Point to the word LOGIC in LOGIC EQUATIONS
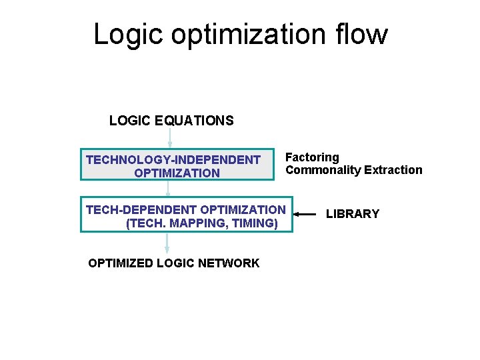click(x=130, y=121)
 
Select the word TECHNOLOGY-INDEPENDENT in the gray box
click(x=173, y=160)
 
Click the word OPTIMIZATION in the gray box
click(x=177, y=173)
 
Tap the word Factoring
click(x=312, y=157)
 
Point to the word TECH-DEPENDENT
click(x=141, y=210)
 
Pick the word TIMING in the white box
click(x=253, y=223)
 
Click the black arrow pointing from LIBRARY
click(x=305, y=214)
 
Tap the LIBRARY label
click(x=352, y=214)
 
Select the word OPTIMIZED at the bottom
click(x=121, y=263)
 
